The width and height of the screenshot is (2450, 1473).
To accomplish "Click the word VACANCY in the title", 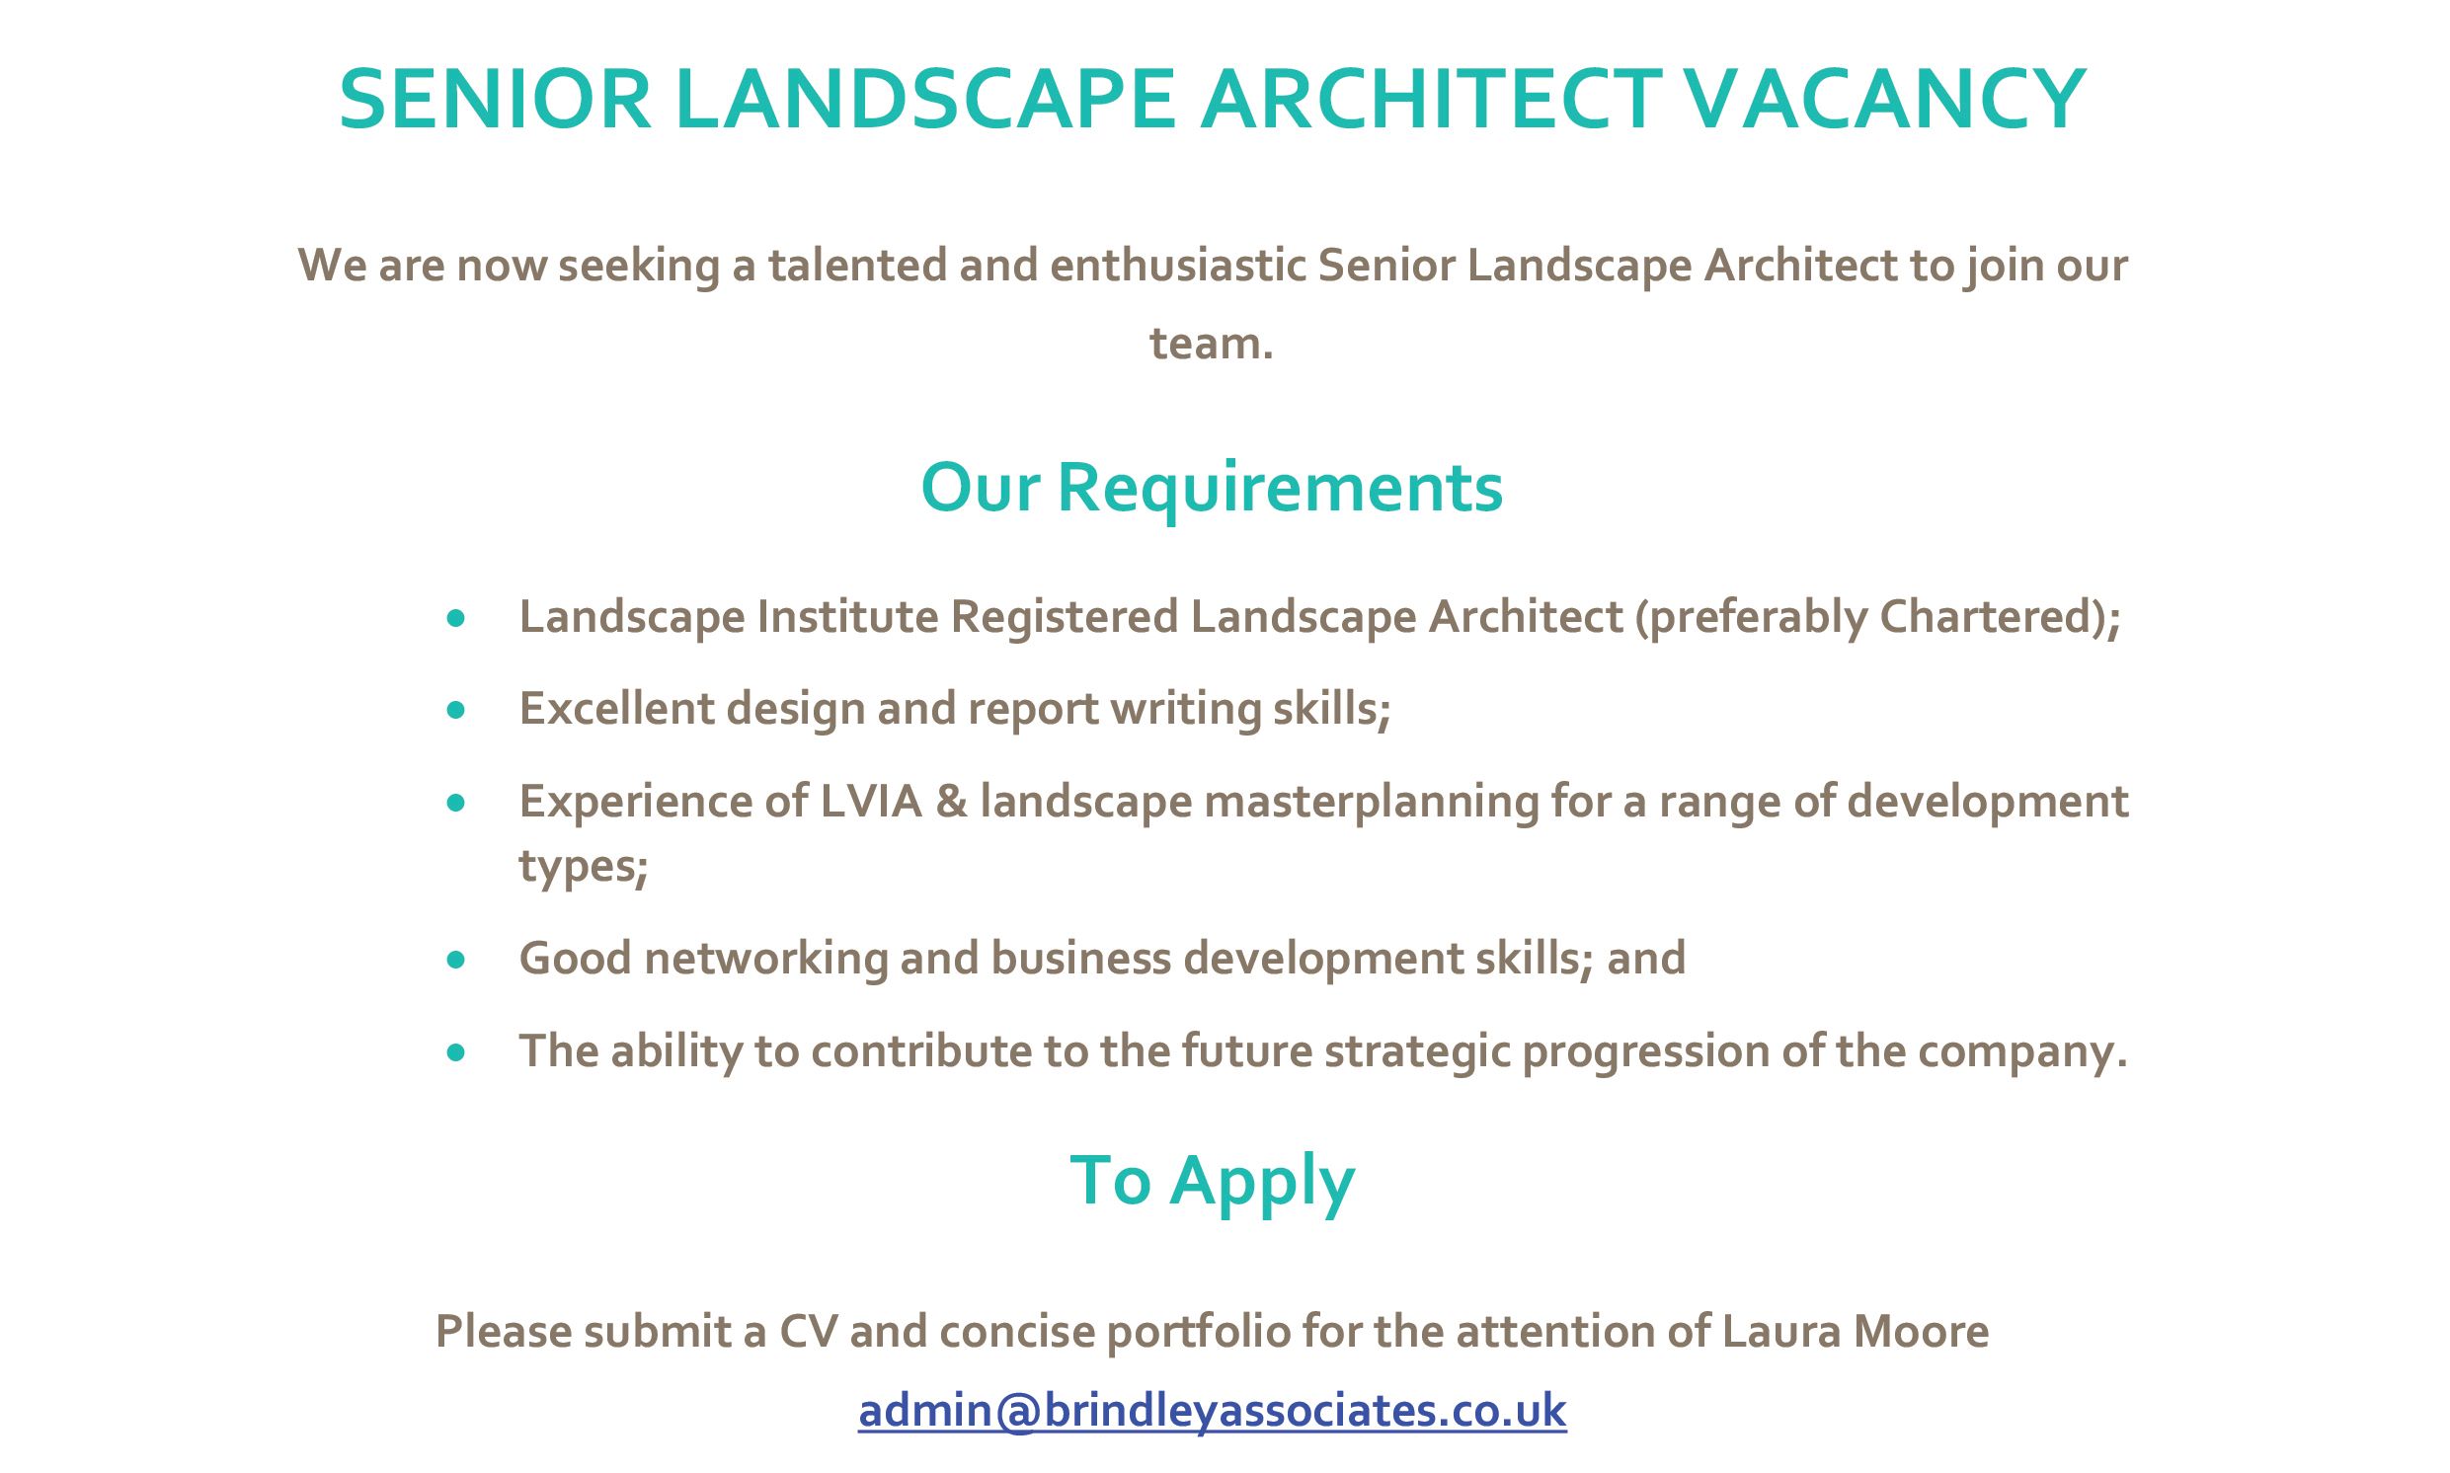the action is point(1885,100).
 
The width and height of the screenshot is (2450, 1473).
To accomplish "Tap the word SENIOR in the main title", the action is point(496,100).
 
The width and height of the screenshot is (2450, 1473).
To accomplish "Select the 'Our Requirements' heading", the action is point(1211,489).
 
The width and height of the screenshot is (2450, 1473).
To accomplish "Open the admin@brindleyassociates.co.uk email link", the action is point(1212,1411).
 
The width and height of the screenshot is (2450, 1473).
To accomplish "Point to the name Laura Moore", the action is point(1856,1331).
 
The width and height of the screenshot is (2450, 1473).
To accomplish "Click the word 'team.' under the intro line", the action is point(1211,344).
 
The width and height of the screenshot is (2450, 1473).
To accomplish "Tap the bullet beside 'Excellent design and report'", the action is point(455,710).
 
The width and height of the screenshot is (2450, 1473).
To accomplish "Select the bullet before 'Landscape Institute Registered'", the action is point(455,618).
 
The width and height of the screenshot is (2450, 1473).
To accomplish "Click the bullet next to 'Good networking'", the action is point(455,960).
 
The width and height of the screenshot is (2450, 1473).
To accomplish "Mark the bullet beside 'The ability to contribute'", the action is point(455,1052).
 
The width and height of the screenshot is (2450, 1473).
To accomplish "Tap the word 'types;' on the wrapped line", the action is point(584,867).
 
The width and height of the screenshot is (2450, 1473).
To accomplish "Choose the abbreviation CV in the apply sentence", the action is point(808,1331).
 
